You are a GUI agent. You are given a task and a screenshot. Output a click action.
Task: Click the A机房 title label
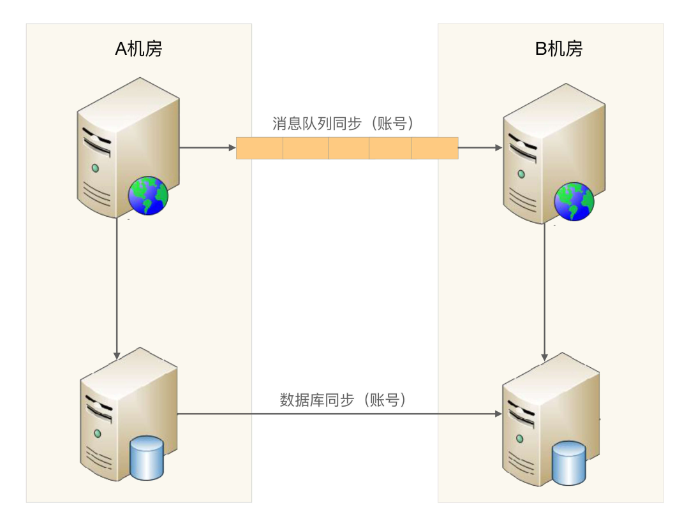click(x=138, y=49)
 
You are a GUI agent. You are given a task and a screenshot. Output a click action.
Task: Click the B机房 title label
click(x=558, y=49)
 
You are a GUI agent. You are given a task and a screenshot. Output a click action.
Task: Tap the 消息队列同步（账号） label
click(x=348, y=123)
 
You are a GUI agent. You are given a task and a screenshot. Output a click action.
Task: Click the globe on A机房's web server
click(x=148, y=196)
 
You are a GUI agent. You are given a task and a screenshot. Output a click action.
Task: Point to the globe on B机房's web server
click(x=574, y=201)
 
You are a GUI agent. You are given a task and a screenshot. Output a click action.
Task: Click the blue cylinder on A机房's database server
click(x=146, y=457)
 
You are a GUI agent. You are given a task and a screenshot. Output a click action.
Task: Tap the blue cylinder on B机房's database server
click(x=569, y=462)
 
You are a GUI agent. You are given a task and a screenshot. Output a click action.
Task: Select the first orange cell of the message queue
click(x=260, y=148)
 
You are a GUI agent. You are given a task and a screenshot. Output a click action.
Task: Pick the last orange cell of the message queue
click(x=434, y=148)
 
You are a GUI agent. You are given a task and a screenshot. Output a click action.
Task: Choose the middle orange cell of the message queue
click(x=348, y=148)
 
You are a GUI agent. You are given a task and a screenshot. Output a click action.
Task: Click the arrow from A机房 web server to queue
click(x=208, y=148)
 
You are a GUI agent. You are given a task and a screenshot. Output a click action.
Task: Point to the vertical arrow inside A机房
click(x=117, y=287)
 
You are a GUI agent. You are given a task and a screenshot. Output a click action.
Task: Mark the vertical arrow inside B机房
click(x=544, y=293)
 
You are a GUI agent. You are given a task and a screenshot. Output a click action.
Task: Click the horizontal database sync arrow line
click(x=338, y=414)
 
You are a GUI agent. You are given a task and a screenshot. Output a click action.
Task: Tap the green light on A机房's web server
click(x=95, y=168)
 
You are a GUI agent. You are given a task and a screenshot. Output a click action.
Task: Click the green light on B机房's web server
click(x=521, y=173)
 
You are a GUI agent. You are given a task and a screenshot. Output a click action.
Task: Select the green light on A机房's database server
click(x=98, y=433)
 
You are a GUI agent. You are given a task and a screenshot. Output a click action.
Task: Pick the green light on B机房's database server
click(x=521, y=439)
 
